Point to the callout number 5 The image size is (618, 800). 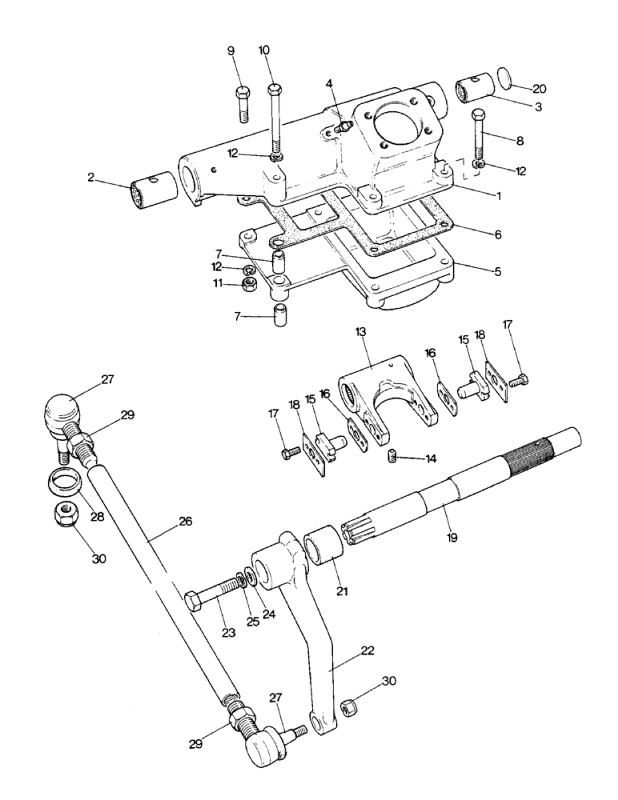pyautogui.click(x=497, y=271)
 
